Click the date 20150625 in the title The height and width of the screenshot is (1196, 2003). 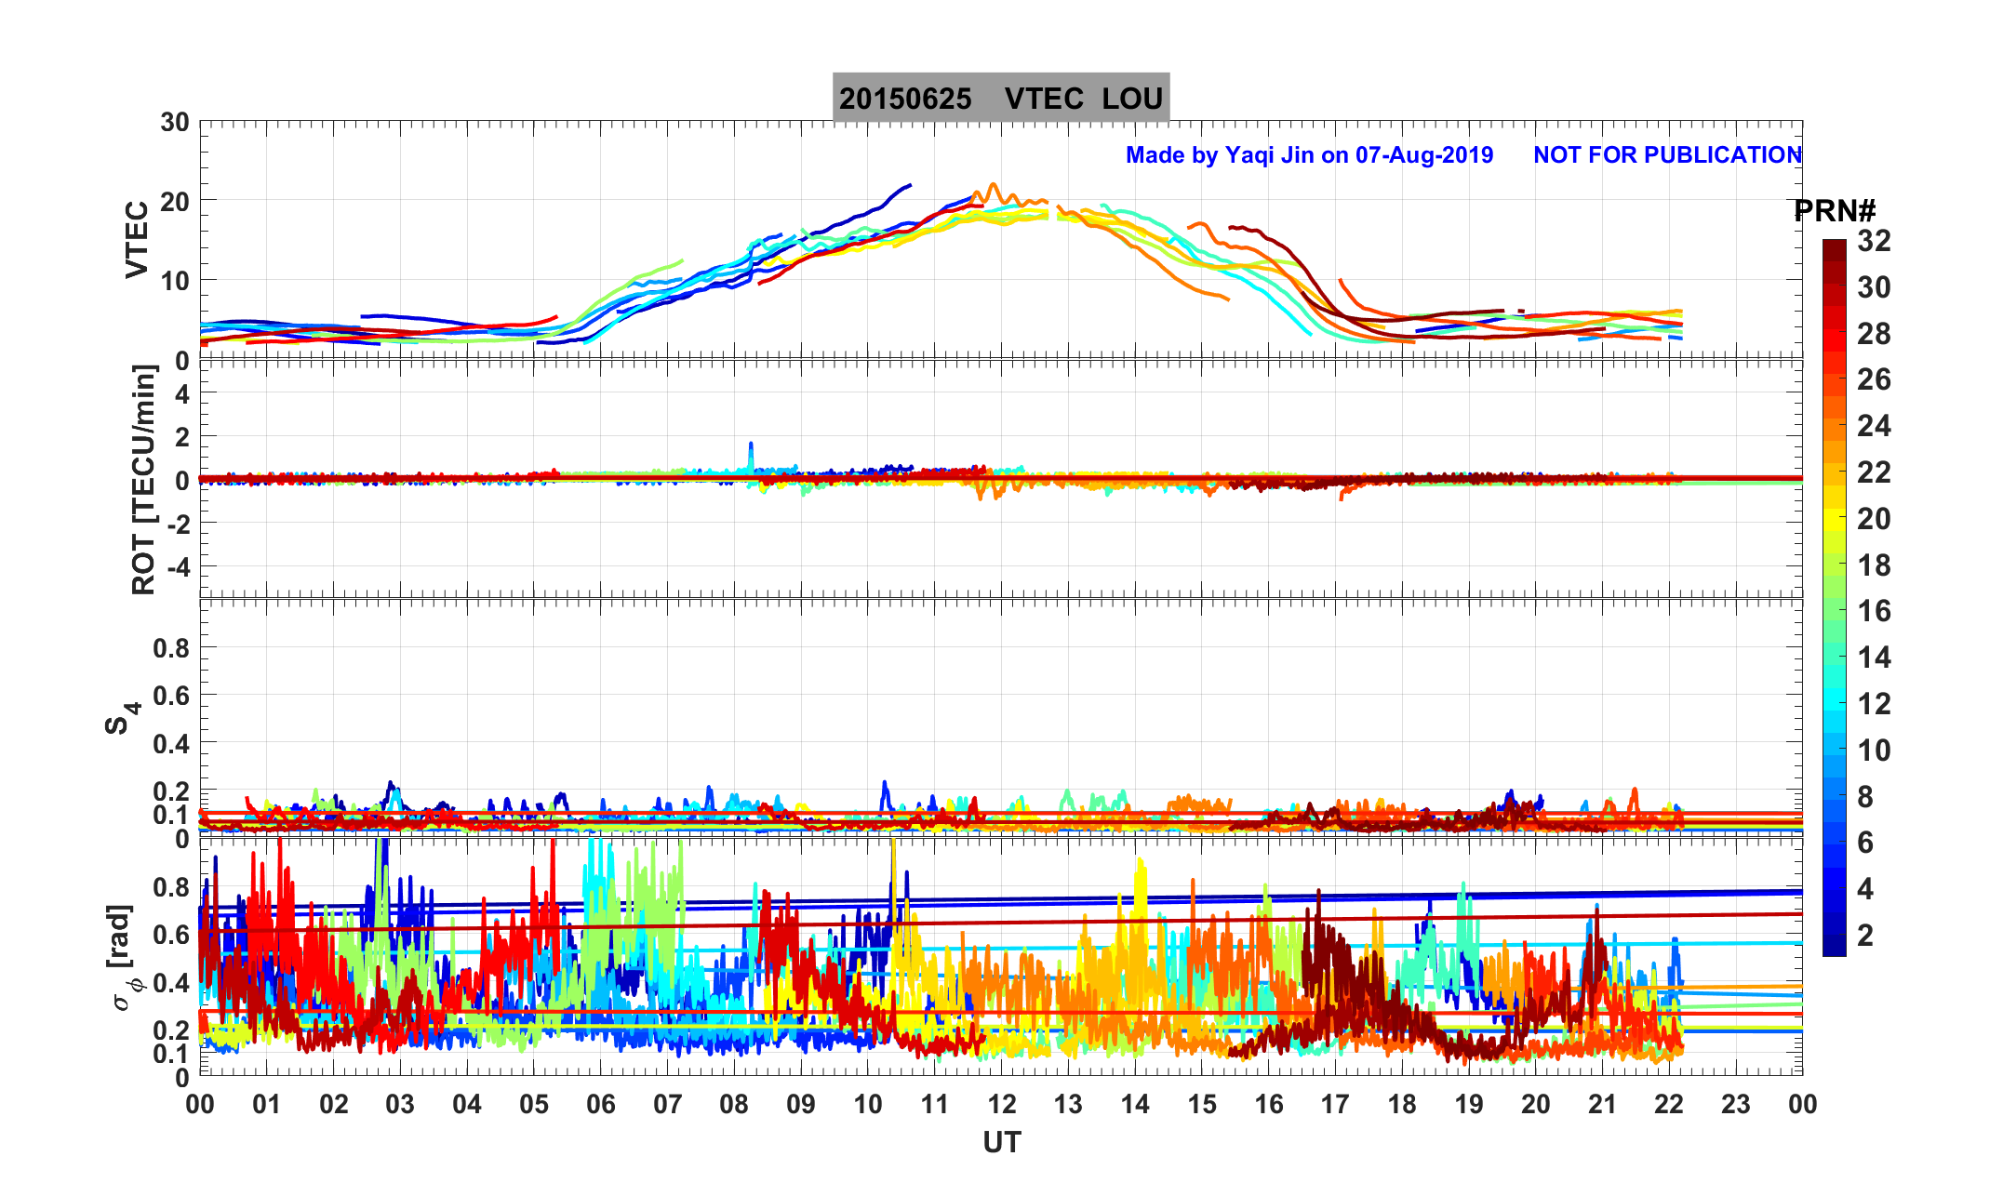point(905,99)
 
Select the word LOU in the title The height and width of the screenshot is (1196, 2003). point(1132,99)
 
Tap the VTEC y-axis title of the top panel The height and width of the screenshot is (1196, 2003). point(137,240)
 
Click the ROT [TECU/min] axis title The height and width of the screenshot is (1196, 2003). point(143,479)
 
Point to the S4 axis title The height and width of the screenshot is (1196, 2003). point(121,718)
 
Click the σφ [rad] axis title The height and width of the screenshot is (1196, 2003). point(123,957)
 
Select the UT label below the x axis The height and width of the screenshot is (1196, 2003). point(1002,1142)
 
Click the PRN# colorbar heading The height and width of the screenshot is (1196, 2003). point(1835,211)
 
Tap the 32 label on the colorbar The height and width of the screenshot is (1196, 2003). point(1874,242)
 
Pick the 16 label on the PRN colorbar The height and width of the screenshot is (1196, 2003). point(1874,611)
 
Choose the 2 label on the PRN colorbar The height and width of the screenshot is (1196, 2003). point(1865,935)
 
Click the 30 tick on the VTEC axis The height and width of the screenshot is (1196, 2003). point(174,123)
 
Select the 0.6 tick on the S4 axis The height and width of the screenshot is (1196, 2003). point(171,695)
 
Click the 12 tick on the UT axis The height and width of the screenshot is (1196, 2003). point(1001,1105)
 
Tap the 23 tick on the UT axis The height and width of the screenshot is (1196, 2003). point(1736,1105)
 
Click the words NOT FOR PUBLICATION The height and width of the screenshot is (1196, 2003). point(1667,154)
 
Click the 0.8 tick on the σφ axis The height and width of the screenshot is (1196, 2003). point(171,886)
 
